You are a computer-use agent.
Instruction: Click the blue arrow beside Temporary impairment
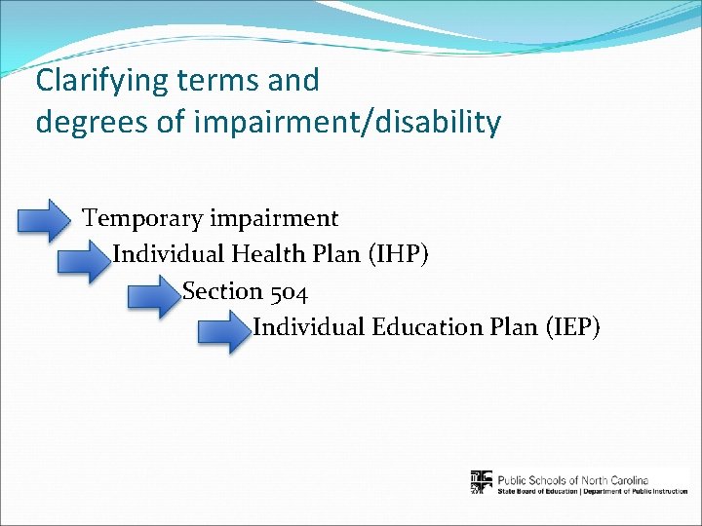(x=45, y=220)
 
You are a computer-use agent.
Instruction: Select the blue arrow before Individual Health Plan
(x=84, y=260)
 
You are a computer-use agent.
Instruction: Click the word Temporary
(x=143, y=219)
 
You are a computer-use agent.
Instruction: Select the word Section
(x=222, y=291)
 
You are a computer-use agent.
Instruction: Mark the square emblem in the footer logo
(x=482, y=482)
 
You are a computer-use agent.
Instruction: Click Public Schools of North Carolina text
(x=579, y=478)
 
